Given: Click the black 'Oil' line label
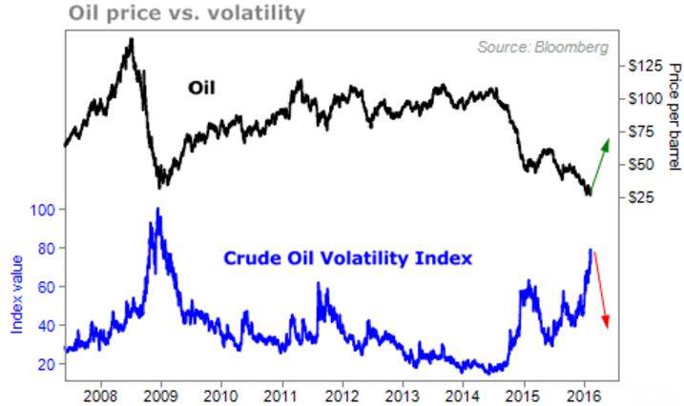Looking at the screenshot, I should (201, 89).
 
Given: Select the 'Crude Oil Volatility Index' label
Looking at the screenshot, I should (347, 257).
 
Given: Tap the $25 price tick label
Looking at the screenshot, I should (641, 197).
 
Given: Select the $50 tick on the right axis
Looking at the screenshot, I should (641, 164).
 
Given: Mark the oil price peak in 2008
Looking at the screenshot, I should (131, 39).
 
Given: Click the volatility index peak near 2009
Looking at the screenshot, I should (157, 209).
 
